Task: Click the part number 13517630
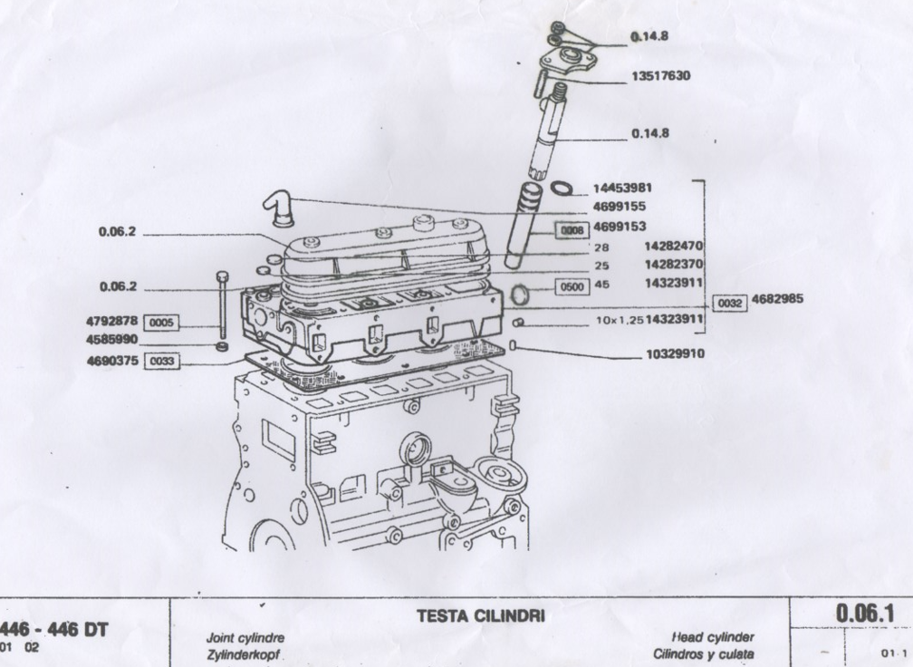pos(661,77)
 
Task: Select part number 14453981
pos(623,188)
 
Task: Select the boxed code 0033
pos(165,361)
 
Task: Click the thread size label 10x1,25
pos(619,322)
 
